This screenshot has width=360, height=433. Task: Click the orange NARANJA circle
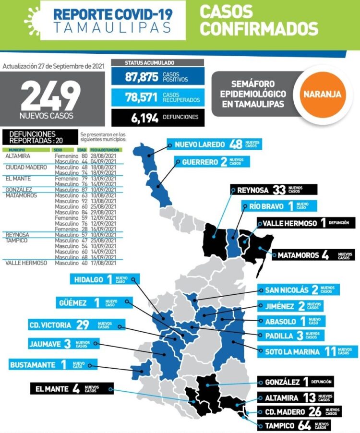tap(322, 94)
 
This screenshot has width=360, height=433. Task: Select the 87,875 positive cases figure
tap(142, 77)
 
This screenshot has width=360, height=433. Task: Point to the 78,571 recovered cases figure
tap(142, 97)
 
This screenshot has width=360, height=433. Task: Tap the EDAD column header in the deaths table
tap(82, 150)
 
